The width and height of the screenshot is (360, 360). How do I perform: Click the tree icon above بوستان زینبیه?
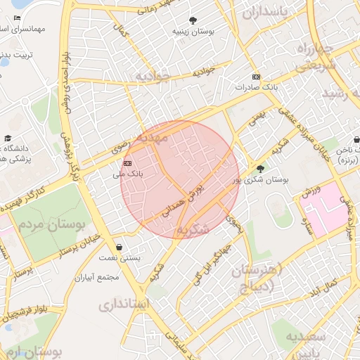[193, 20]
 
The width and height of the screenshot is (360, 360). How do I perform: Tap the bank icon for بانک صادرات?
[256, 77]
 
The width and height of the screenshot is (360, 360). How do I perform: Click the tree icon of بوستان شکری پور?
[261, 168]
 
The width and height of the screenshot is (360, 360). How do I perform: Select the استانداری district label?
[124, 304]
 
